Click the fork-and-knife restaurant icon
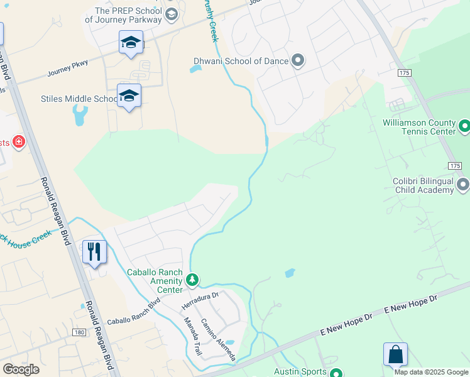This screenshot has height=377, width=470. [94, 252]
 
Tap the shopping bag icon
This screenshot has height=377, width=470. [395, 354]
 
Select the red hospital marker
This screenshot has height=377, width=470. [19, 142]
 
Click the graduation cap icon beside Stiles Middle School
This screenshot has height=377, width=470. [129, 96]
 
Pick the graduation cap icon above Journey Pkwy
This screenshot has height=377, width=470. [131, 43]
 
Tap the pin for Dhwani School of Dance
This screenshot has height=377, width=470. [298, 61]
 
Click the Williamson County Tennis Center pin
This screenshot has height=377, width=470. [464, 126]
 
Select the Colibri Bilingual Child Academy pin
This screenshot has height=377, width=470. [463, 185]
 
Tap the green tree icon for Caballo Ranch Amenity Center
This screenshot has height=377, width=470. [192, 279]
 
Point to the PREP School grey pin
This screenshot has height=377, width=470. [171, 14]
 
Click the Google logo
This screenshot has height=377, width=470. [21, 369]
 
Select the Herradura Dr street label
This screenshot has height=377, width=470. [200, 299]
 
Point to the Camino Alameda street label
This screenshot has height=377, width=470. [218, 339]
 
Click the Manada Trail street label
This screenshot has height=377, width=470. [192, 336]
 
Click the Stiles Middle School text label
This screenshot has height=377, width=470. [78, 99]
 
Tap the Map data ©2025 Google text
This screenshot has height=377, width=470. [431, 372]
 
